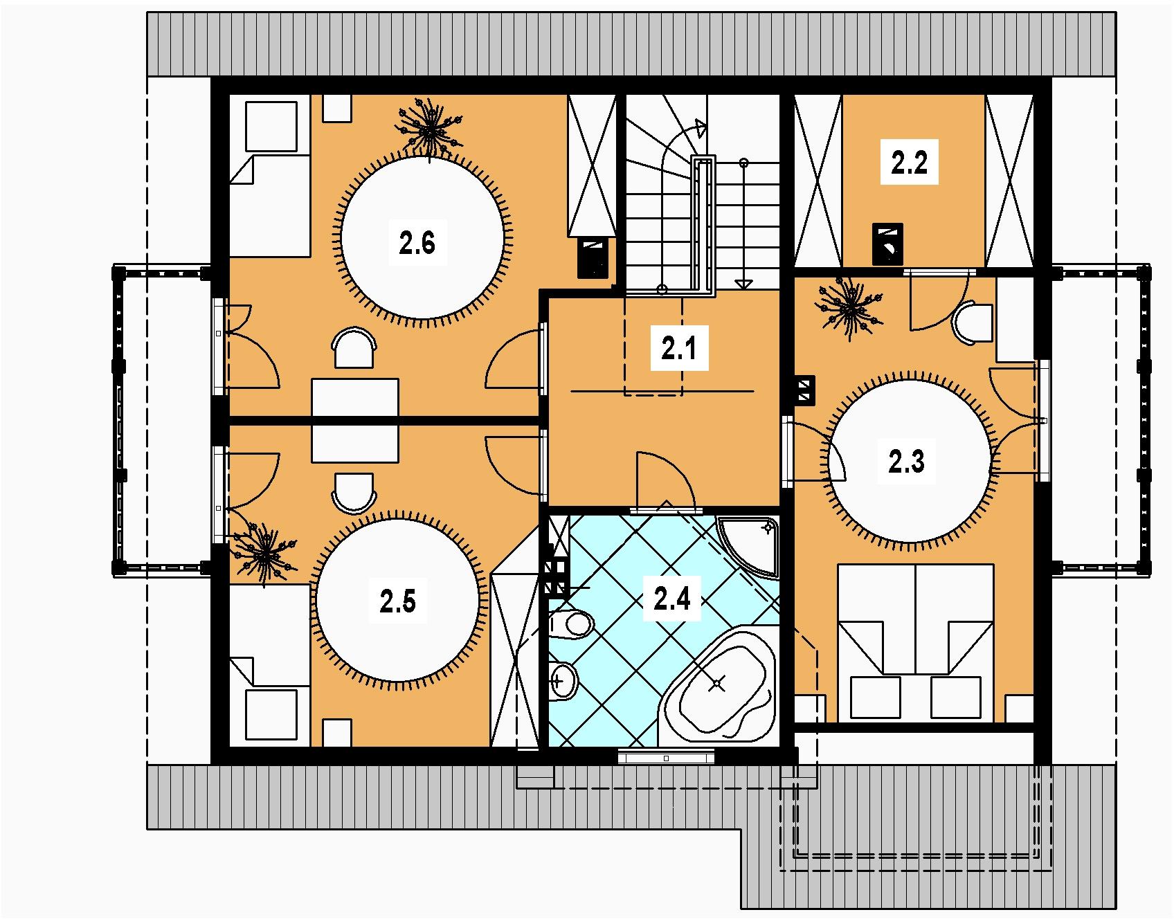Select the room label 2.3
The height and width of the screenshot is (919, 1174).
906,461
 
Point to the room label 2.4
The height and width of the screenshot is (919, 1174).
673,599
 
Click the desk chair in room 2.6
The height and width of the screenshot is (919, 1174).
354,348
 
